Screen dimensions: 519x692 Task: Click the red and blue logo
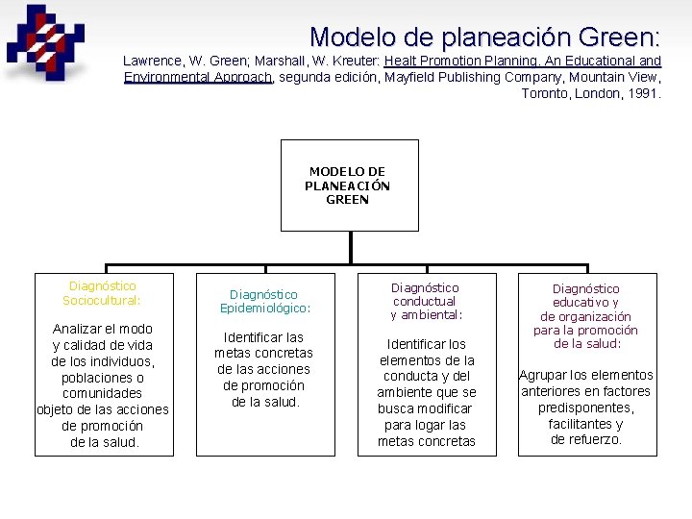44,42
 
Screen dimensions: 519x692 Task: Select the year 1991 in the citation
645,93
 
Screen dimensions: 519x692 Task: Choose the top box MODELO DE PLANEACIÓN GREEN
348,185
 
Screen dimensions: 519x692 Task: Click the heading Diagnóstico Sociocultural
102,293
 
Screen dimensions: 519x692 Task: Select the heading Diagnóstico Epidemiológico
264,302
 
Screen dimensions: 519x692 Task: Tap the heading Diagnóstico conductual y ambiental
426,301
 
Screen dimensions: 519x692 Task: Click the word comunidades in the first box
102,393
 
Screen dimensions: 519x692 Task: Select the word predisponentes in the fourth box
586,408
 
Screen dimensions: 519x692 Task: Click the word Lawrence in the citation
154,61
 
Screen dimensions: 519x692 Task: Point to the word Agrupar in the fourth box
544,375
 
